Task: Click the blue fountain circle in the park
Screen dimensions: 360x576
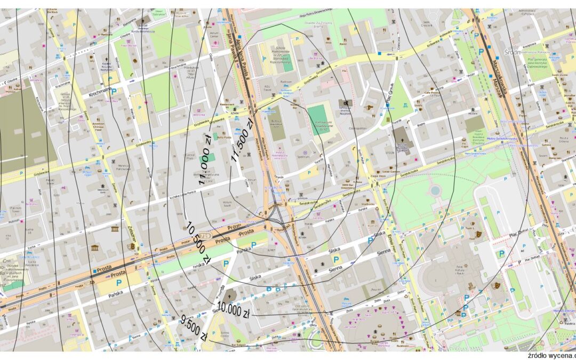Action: click(x=435, y=190)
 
